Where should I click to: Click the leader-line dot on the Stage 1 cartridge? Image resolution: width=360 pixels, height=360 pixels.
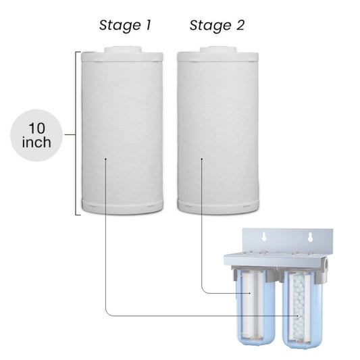[x=106, y=159]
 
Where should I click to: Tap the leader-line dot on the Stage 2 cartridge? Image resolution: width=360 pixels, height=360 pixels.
[x=202, y=159]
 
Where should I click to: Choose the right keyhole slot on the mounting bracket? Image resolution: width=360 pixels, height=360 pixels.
[x=309, y=238]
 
